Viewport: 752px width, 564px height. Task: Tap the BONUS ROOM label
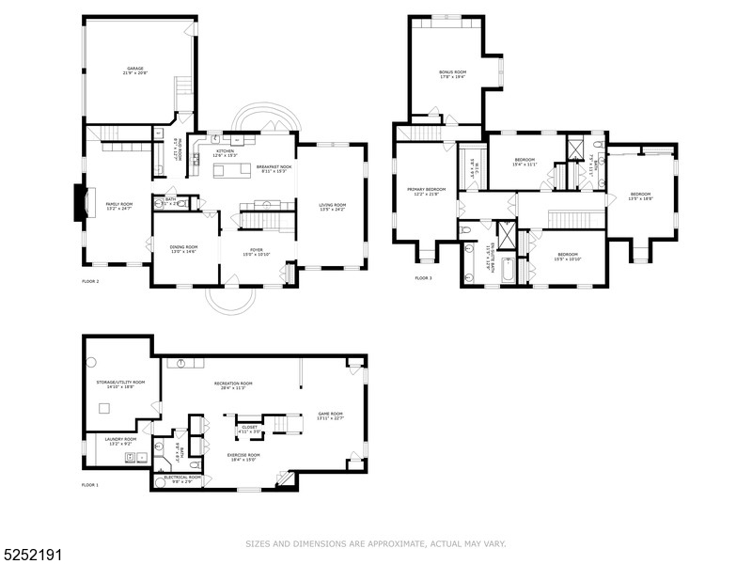coord(452,72)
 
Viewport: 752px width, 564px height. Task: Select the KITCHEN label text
coord(225,150)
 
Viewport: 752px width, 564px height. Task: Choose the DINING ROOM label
coord(183,246)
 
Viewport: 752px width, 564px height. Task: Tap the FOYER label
coord(258,251)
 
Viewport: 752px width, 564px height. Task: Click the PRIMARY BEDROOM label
coord(426,189)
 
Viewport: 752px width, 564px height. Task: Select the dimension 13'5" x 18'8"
coord(641,198)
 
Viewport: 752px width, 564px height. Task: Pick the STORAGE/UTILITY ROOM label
coord(120,383)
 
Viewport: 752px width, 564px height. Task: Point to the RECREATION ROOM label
coord(233,384)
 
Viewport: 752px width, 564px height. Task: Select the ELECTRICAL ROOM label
coord(182,477)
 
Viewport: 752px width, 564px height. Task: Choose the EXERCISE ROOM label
coord(243,455)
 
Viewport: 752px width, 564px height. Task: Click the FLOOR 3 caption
coord(424,278)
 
